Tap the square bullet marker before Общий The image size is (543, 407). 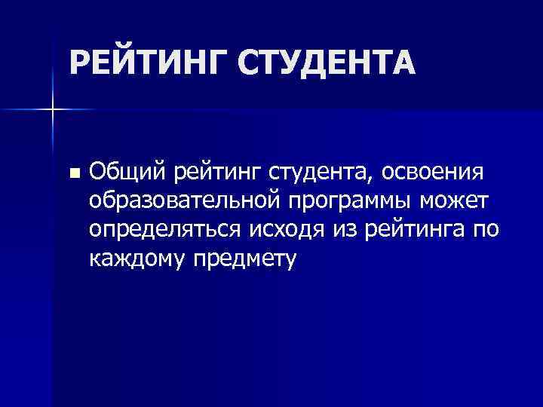pyautogui.click(x=72, y=173)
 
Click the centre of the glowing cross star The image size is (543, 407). pyautogui.click(x=53, y=109)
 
